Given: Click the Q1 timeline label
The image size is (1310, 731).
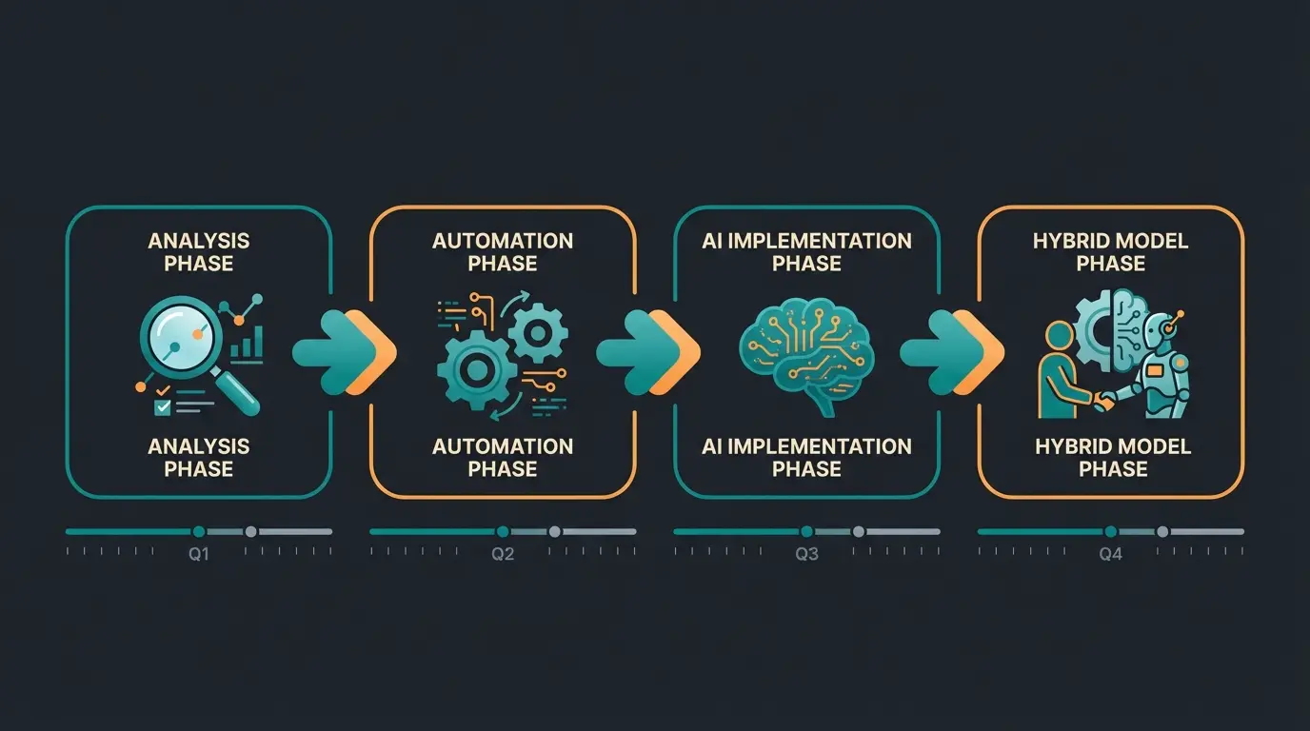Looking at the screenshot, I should coord(198,555).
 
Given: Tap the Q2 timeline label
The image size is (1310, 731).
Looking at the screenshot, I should coord(502,555).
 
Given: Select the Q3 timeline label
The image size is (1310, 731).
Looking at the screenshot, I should coord(806,555).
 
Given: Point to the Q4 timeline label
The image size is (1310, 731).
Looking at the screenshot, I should coord(1111,555).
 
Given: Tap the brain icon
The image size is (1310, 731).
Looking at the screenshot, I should coord(806,352).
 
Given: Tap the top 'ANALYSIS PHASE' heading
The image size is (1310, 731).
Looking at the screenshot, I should coord(198,252).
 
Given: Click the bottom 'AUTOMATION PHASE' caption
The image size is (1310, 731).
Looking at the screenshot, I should coord(503,457).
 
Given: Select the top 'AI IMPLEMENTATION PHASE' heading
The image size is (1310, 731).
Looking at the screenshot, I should coord(806,252).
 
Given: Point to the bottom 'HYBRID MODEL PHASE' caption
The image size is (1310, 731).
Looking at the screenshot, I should coord(1112,457).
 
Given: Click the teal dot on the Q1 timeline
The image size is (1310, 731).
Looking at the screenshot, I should coord(198,531).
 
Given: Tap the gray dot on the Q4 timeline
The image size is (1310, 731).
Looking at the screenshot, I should coord(1162,531).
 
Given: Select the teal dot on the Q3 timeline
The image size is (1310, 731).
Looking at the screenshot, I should coord(806,531).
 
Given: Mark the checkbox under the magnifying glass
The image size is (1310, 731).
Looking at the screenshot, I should coord(163,406).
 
